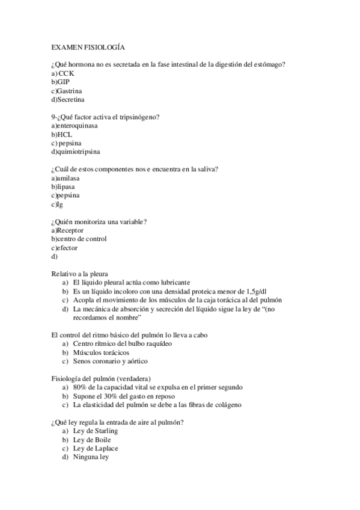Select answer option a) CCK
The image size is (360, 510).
[x=63, y=73]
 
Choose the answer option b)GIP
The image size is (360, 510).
[x=61, y=82]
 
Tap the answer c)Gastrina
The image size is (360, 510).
[x=67, y=90]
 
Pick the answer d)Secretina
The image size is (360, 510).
[x=67, y=99]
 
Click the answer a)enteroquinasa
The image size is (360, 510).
[x=75, y=126]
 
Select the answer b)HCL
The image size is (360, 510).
[x=61, y=135]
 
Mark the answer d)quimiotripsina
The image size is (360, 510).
[x=75, y=152]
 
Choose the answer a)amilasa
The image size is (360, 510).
[x=66, y=179]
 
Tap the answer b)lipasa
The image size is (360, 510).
[x=63, y=187]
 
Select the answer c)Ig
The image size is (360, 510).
[x=57, y=204]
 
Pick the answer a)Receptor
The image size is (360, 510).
[x=67, y=230]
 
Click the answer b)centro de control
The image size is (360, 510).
[x=79, y=239]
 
